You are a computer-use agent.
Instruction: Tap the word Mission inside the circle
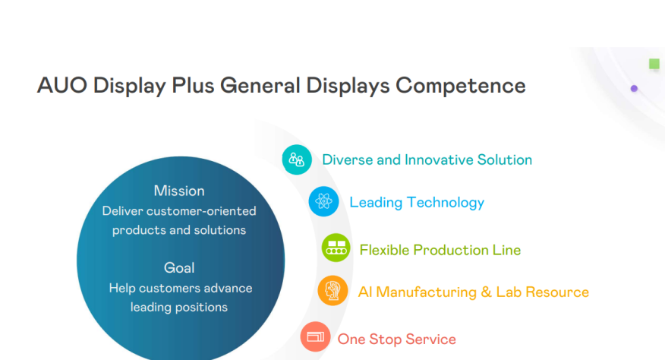(179, 191)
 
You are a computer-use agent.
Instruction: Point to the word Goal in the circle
(179, 267)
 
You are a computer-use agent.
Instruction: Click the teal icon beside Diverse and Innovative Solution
(297, 159)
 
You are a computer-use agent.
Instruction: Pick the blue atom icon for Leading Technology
(324, 201)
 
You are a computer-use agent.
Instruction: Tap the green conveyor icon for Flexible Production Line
(336, 248)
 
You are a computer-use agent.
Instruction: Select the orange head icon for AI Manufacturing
(332, 291)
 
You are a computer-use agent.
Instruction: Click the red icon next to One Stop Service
(315, 336)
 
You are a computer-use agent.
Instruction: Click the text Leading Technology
(417, 202)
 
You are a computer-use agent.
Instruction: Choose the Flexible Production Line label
(440, 250)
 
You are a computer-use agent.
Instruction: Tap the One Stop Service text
(397, 339)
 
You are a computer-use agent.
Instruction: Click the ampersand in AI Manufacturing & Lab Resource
(486, 292)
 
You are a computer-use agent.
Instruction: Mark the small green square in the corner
(654, 65)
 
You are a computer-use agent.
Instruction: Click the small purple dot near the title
(634, 89)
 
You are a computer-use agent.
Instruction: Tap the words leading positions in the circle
(179, 308)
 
